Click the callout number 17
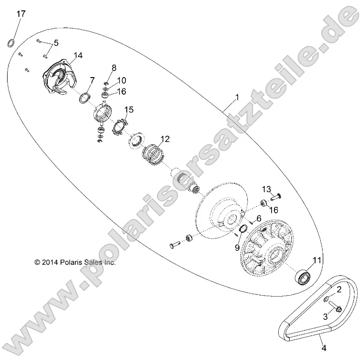21,14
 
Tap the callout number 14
78,55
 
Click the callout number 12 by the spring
164,139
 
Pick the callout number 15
129,109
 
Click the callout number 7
93,79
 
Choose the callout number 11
317,260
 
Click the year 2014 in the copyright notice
51,262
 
